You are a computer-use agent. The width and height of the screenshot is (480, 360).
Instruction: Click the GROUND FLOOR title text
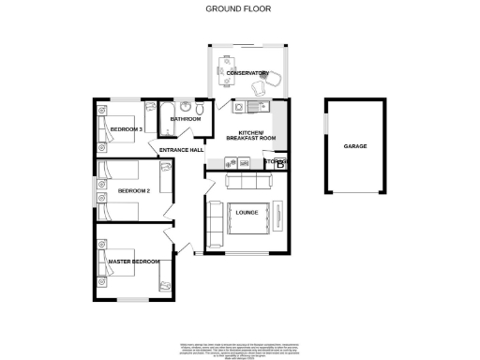[239, 8]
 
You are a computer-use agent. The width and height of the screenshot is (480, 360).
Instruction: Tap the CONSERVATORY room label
[247, 73]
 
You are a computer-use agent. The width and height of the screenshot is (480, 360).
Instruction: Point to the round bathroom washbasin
[187, 106]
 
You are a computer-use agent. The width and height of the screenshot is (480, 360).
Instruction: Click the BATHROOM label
[186, 120]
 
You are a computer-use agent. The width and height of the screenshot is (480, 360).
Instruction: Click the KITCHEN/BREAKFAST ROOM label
[256, 136]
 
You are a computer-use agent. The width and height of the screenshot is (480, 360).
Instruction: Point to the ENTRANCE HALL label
[182, 150]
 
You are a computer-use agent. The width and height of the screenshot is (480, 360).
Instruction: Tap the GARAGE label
[354, 147]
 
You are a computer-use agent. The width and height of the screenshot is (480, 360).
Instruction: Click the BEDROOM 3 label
[126, 128]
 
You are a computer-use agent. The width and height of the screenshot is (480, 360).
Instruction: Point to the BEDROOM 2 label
[133, 191]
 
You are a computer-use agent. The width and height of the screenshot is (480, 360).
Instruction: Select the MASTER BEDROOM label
[133, 262]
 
